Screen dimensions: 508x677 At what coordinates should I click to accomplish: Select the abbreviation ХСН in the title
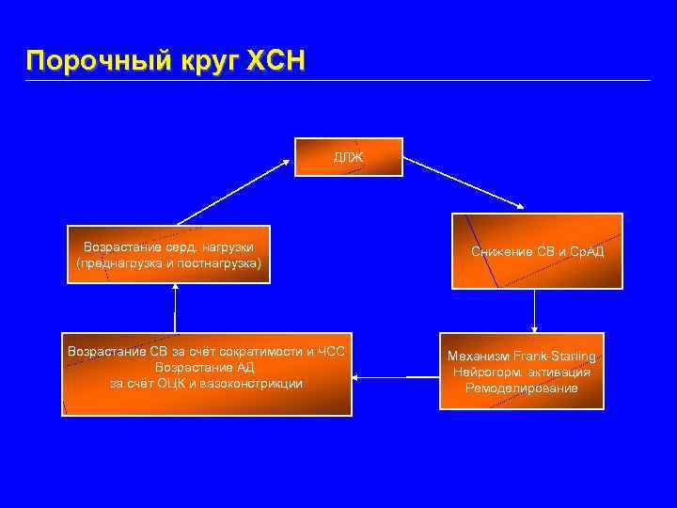276,61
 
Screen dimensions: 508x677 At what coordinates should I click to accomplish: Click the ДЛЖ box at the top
349,156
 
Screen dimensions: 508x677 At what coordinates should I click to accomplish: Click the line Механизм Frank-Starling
522,357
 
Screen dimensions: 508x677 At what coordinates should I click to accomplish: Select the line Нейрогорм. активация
522,372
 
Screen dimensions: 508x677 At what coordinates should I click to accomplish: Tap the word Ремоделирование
522,388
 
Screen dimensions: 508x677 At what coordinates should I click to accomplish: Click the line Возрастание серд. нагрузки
168,246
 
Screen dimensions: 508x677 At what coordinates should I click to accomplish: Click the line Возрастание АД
205,367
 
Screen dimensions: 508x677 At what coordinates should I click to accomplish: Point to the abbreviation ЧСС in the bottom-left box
330,352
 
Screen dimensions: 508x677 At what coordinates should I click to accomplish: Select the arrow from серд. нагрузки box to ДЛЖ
235,191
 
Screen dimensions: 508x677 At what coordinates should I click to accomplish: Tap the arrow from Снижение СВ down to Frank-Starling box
534,310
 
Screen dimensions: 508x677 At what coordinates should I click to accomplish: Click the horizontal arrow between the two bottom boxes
395,378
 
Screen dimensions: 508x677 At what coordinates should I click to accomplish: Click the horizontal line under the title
338,80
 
